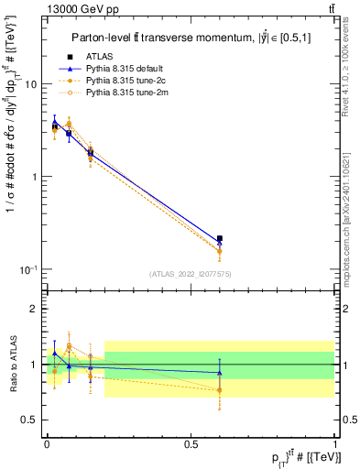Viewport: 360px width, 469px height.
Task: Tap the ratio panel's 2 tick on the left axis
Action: point(34,309)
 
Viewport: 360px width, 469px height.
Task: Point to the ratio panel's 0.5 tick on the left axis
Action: point(29,420)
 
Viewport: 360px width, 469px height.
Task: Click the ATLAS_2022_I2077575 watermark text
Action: point(191,274)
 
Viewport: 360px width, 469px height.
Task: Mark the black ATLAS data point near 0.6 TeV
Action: point(219,239)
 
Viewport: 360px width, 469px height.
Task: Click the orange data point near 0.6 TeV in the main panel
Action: point(219,251)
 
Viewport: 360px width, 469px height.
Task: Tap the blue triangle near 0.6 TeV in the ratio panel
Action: point(219,373)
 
